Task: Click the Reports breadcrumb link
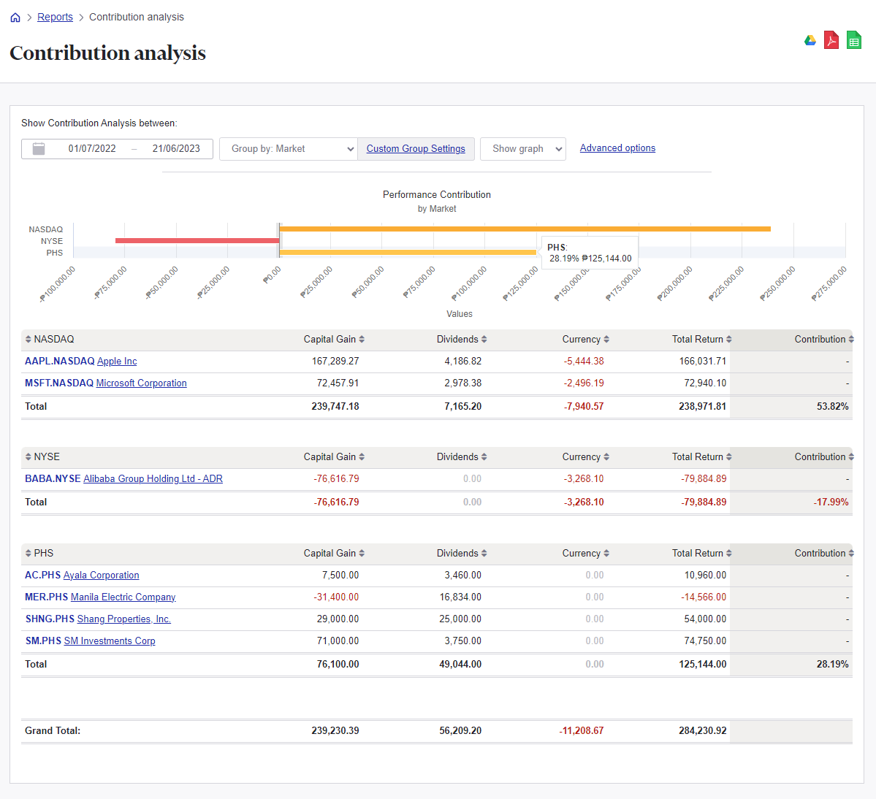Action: point(55,17)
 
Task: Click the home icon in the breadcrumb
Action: point(15,18)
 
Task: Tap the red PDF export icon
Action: point(831,40)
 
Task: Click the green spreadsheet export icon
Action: point(854,40)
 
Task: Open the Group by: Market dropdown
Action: point(289,149)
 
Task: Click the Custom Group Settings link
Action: point(416,149)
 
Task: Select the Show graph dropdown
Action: point(523,149)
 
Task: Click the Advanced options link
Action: point(617,148)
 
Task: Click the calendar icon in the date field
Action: point(39,149)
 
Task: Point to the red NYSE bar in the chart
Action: point(197,240)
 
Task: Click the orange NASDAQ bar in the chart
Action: point(525,229)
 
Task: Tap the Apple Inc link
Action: point(117,362)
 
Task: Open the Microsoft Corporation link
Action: point(141,383)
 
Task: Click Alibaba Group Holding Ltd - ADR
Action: point(153,479)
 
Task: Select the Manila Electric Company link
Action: point(123,597)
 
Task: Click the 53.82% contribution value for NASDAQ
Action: point(832,407)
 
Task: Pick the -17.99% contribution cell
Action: point(831,502)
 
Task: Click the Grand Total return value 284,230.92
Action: point(702,731)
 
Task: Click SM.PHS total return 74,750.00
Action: point(705,641)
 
